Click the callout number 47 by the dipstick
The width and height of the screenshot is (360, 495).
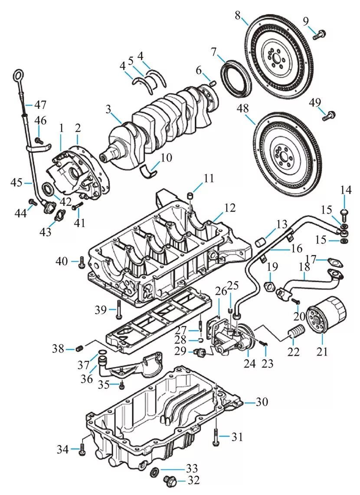pyautogui.click(x=40, y=104)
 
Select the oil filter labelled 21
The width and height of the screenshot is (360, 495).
pyautogui.click(x=326, y=315)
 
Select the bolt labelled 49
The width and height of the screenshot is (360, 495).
pyautogui.click(x=331, y=115)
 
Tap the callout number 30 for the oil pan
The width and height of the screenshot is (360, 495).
pyautogui.click(x=261, y=402)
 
